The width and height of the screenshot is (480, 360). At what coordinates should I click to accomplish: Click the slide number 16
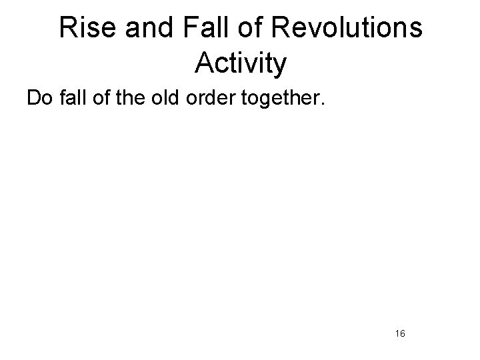click(x=401, y=333)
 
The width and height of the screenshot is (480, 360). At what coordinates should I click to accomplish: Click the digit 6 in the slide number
click(x=403, y=333)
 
